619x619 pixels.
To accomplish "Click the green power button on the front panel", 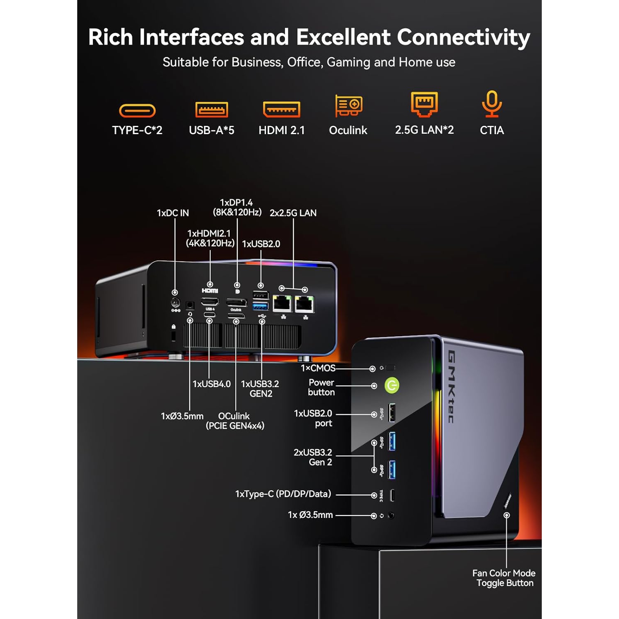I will (x=392, y=385).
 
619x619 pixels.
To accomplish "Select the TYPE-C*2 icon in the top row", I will (x=137, y=111).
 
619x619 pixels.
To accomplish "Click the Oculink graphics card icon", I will (x=349, y=106).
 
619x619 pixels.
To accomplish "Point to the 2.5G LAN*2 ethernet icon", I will (x=424, y=104).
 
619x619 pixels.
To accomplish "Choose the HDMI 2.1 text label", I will (x=282, y=130).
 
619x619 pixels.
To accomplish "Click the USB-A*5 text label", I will (x=211, y=130).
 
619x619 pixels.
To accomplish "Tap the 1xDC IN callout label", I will (x=173, y=213).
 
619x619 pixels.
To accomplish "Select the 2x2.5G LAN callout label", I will (x=293, y=213).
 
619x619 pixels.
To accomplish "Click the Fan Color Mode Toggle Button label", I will (x=504, y=578).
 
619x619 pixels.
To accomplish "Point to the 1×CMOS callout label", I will (x=318, y=368).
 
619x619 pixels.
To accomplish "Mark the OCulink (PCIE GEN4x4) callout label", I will (x=235, y=421).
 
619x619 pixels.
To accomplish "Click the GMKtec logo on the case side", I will (x=451, y=387).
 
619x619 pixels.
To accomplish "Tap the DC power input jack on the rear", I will (x=175, y=303).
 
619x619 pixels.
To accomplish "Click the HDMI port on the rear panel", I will (x=210, y=302).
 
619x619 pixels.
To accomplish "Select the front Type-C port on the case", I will (x=392, y=495).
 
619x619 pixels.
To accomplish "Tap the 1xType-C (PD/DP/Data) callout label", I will (x=283, y=494).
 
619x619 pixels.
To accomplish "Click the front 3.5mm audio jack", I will (x=391, y=515).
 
